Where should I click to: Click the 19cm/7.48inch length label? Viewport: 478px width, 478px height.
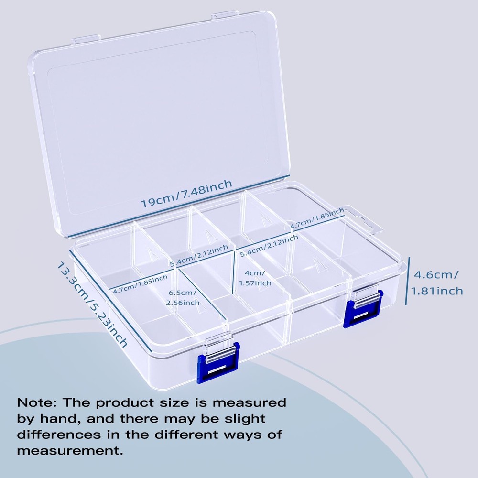pos(186,193)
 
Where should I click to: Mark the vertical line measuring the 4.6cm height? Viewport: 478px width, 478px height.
pos(408,282)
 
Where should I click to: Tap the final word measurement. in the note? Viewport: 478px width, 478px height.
pos(70,451)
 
